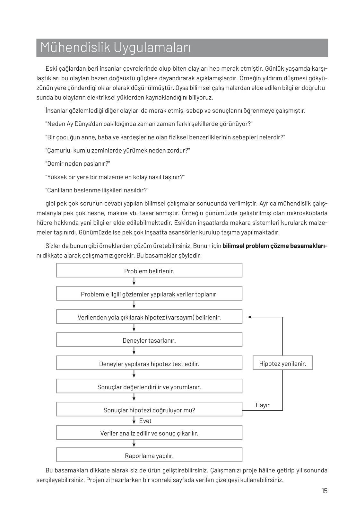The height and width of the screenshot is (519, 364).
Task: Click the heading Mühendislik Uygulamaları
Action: pos(116,48)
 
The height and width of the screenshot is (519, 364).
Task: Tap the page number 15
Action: pos(325,491)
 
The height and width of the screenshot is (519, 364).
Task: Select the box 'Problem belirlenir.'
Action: pos(149,270)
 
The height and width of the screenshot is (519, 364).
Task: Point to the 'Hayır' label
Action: pos(263,405)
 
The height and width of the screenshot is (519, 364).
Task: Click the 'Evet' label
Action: pos(145,421)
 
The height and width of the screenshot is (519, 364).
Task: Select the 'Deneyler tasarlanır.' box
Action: pos(149,340)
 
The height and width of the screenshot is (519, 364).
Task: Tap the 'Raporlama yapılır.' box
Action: pos(149,455)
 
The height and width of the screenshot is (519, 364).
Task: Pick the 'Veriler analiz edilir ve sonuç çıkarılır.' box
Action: pos(149,433)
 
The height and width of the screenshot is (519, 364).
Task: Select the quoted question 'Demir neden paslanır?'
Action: pos(78,164)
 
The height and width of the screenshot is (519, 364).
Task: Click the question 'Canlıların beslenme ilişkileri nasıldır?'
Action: pos(97,190)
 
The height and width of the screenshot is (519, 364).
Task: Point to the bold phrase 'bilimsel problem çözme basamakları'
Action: pos(274,246)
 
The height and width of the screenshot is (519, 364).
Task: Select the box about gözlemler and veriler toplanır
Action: pos(149,294)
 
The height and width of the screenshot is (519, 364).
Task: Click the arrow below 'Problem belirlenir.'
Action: pos(134,282)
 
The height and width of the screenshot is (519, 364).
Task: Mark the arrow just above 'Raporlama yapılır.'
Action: pos(134,444)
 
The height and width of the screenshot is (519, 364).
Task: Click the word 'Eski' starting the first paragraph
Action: pos(52,68)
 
